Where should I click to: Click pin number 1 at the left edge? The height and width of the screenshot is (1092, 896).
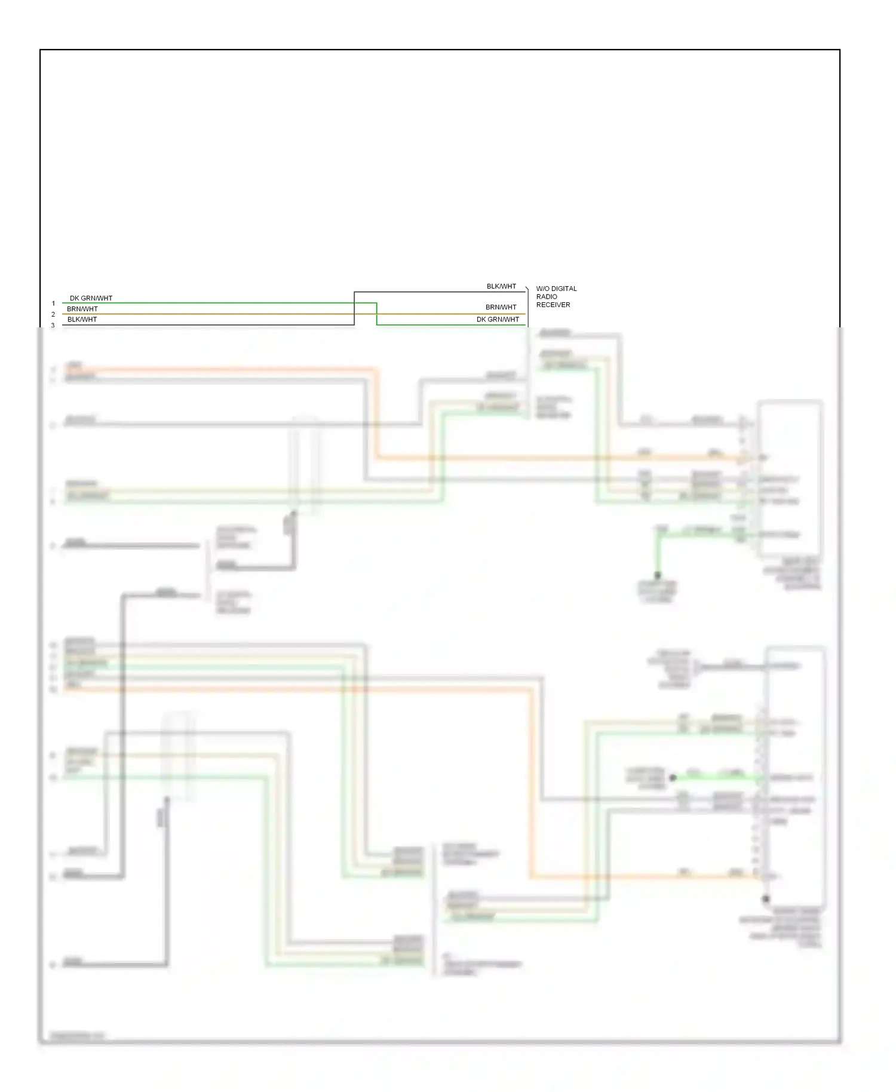(x=53, y=303)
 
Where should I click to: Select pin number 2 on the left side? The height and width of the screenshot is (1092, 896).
(x=53, y=314)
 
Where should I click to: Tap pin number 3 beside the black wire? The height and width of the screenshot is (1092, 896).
(x=53, y=325)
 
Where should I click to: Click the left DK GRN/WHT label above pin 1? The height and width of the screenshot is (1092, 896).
(x=91, y=298)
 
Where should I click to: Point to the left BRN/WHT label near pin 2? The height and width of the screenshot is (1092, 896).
(x=82, y=309)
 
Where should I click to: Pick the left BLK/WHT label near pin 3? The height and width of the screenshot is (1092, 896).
(x=82, y=320)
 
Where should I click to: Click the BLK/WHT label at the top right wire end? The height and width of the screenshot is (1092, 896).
(x=501, y=286)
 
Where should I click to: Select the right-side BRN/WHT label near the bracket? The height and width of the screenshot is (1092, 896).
(x=501, y=307)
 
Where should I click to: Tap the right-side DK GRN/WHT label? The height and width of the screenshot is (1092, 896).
(x=498, y=320)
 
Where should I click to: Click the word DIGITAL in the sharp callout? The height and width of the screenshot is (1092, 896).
(x=564, y=289)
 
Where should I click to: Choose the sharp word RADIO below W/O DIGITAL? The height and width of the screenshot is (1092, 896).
(x=547, y=296)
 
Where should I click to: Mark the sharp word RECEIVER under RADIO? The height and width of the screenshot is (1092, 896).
(x=553, y=305)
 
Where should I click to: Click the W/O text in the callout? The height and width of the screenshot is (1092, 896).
(x=543, y=289)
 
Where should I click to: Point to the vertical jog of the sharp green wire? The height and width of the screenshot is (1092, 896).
(x=376, y=314)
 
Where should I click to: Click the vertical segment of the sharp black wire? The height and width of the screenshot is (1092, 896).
(x=354, y=308)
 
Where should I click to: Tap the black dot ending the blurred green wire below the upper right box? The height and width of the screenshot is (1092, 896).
(x=657, y=576)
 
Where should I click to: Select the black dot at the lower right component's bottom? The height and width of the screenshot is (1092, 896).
(x=765, y=898)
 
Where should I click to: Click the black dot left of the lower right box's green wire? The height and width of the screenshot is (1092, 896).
(x=673, y=777)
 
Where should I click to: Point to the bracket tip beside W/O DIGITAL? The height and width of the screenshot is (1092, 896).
(x=527, y=289)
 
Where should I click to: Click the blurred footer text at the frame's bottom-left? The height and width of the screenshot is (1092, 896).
(x=77, y=1036)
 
